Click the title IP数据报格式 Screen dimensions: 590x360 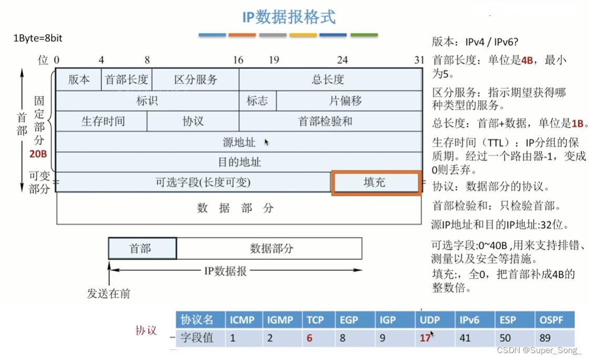(x=288, y=17)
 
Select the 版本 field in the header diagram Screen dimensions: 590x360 (x=79, y=79)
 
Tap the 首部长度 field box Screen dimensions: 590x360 (x=126, y=79)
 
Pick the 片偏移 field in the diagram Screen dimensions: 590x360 (x=345, y=100)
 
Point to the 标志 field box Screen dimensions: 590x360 (x=257, y=100)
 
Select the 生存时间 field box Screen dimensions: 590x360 (x=103, y=121)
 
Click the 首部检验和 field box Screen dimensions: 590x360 (x=325, y=121)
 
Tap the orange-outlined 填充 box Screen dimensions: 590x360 (x=375, y=183)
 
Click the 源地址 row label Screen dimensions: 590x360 (x=239, y=142)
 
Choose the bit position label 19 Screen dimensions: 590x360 (x=273, y=60)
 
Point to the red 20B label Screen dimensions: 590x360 (x=38, y=153)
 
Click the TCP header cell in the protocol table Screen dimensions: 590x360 (x=315, y=320)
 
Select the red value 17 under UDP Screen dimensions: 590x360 (x=425, y=337)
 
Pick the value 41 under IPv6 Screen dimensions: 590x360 (x=465, y=337)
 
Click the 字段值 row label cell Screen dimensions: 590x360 (x=197, y=337)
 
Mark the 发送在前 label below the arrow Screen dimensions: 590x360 (x=108, y=293)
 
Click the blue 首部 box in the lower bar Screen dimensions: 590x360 (x=141, y=248)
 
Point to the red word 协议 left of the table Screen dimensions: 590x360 (x=146, y=331)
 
